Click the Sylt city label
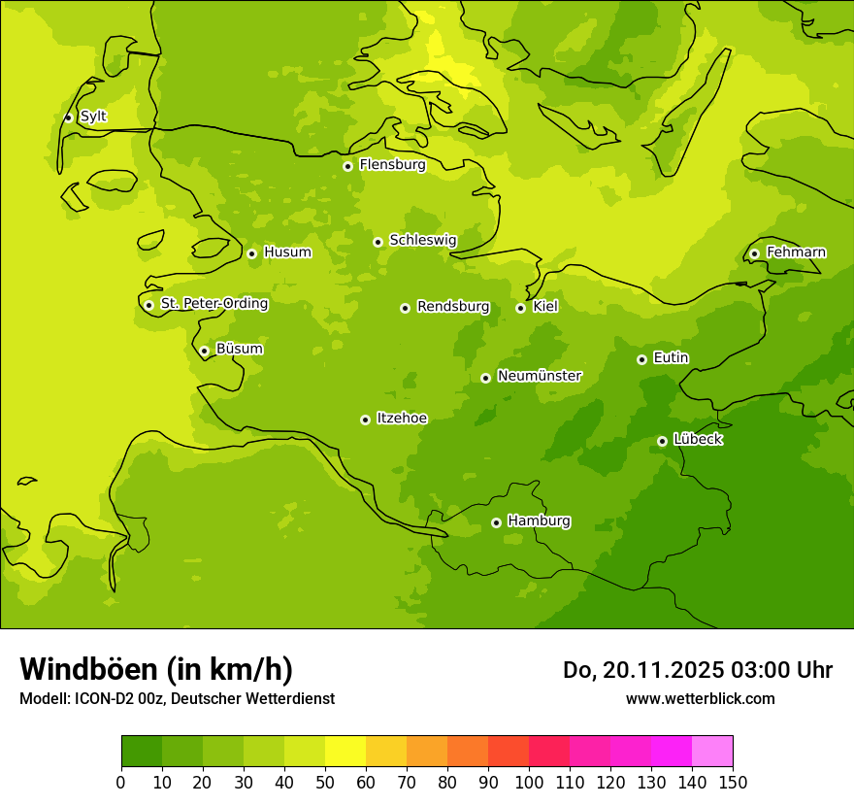click(x=93, y=117)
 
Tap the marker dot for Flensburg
click(x=347, y=166)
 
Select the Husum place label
click(x=287, y=252)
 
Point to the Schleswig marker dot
click(x=378, y=242)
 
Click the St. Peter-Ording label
click(x=213, y=304)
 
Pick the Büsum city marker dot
click(x=204, y=351)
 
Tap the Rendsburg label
click(x=453, y=307)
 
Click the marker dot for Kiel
click(x=520, y=308)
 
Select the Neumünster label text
click(x=540, y=376)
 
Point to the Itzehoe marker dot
click(x=365, y=420)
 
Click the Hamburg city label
click(x=539, y=521)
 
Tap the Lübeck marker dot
click(x=662, y=441)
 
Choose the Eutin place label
click(x=671, y=358)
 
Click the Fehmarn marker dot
click(x=754, y=253)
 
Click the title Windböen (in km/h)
click(x=156, y=669)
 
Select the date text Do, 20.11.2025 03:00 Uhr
click(x=697, y=670)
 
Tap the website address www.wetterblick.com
click(x=700, y=698)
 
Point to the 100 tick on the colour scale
click(x=529, y=782)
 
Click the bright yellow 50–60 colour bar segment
click(x=345, y=751)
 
